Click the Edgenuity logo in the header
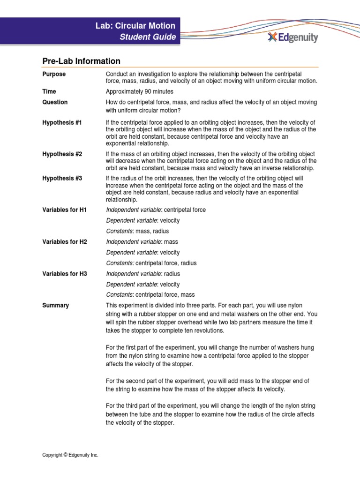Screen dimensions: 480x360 (292, 37)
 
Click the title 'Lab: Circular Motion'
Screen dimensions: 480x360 (135, 26)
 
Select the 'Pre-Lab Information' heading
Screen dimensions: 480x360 (81, 61)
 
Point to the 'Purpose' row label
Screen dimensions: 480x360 (54, 74)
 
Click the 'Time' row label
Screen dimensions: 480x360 (49, 91)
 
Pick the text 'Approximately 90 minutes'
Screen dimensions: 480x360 (140, 91)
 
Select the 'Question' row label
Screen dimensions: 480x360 (55, 102)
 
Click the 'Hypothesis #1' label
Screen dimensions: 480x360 (62, 122)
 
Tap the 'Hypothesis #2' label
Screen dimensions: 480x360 (62, 154)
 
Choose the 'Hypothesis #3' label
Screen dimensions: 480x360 (62, 179)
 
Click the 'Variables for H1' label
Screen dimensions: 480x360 (65, 210)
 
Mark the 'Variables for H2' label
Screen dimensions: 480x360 (65, 242)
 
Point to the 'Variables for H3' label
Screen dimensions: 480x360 (65, 274)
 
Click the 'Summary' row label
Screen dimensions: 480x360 (55, 306)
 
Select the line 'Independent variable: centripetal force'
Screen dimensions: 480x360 (156, 210)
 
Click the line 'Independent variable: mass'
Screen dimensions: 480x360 (142, 242)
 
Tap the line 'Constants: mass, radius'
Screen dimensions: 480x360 (137, 231)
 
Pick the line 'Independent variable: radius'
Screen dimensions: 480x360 (143, 274)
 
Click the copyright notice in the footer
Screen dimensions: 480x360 (70, 455)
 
